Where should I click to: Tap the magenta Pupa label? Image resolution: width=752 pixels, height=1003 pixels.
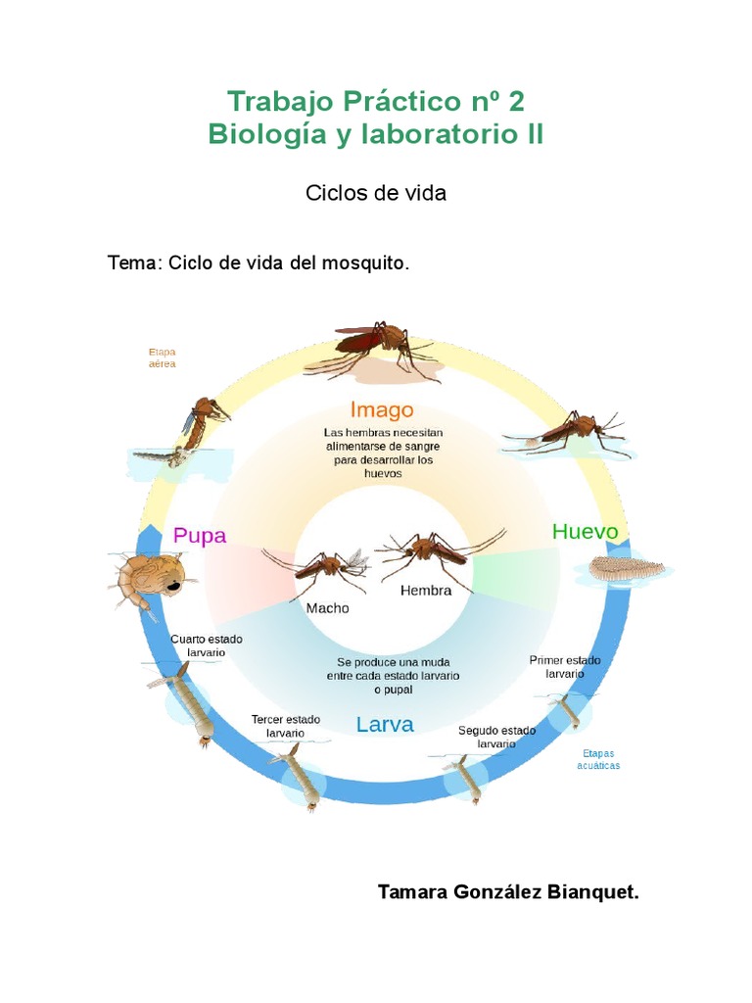pos(200,536)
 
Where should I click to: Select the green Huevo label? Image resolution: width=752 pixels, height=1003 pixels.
pos(586,531)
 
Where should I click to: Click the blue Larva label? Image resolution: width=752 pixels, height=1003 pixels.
pos(385,725)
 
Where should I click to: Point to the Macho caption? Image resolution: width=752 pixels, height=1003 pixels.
pos(327,607)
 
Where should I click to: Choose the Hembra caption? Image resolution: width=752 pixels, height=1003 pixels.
pos(426,591)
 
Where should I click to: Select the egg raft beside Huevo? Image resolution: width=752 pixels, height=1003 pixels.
pos(628,569)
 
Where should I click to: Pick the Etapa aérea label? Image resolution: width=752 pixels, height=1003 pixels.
pos(162,357)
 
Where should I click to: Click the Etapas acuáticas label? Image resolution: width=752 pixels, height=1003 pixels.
pos(598,759)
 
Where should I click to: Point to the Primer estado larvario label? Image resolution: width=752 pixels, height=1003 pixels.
pos(565,667)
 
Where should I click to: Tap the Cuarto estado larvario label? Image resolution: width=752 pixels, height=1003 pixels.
pos(206,645)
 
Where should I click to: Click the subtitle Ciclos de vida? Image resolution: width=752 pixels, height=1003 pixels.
pos(376,193)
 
